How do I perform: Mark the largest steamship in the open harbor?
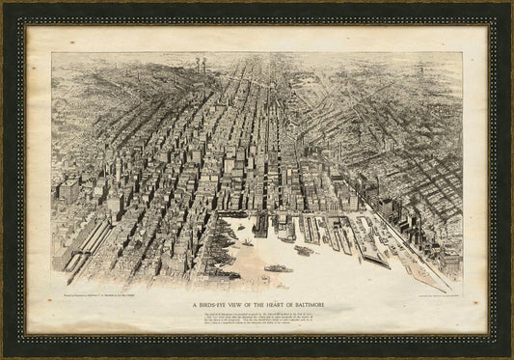(278, 267)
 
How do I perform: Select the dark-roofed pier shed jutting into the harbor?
(260, 228)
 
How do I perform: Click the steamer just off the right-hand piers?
(303, 251)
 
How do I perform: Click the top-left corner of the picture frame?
(4, 4)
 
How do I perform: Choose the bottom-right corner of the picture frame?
(510, 356)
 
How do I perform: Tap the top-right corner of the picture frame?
(510, 4)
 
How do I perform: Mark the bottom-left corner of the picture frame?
(4, 356)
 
